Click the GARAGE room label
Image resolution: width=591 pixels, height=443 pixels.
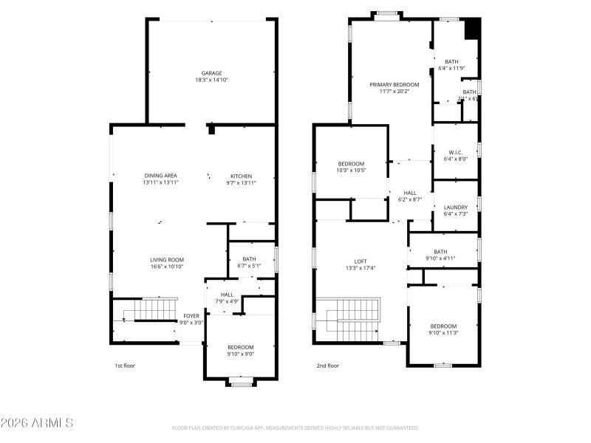212,73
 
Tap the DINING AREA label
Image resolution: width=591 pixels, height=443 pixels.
160,176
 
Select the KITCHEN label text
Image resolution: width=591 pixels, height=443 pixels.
241,176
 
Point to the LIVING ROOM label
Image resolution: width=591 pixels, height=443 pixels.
167,260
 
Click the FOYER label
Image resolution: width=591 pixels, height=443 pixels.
191,316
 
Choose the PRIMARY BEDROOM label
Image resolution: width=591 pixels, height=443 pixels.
394,85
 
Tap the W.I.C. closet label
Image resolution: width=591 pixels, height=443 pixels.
456,152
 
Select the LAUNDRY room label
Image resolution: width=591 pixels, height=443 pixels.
456,207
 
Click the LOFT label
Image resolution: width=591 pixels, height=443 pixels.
361,261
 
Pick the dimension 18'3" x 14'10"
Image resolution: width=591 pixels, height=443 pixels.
212,80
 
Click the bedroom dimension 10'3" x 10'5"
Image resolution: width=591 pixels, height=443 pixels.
351,171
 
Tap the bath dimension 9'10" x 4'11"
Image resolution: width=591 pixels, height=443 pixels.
440,258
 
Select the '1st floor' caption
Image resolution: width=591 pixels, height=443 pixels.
125,365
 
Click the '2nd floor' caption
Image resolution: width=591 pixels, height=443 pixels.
328,365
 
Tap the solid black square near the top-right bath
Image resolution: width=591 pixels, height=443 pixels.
472,29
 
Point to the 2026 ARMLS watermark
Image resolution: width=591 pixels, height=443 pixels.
37,423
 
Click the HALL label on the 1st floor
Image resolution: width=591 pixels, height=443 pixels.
227,295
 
